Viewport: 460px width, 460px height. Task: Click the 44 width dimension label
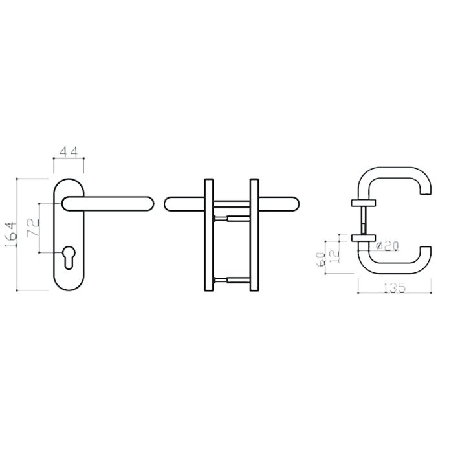(x=69, y=151)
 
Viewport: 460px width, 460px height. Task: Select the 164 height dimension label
(x=11, y=234)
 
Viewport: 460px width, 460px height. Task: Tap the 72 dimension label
(x=33, y=228)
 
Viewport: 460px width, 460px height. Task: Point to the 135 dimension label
(x=395, y=288)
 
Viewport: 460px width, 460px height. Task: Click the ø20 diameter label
(x=388, y=246)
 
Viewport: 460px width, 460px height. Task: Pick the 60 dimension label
(x=320, y=259)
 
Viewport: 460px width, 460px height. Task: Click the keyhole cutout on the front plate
(x=69, y=257)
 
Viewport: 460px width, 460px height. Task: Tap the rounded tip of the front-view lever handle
(x=149, y=204)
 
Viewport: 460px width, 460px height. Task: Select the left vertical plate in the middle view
(x=209, y=235)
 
